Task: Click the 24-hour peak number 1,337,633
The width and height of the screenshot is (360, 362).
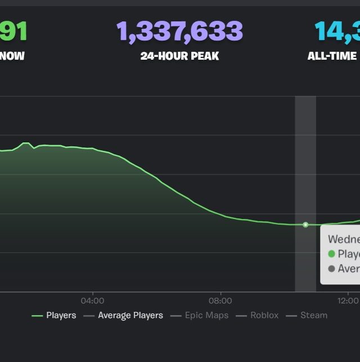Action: click(x=179, y=32)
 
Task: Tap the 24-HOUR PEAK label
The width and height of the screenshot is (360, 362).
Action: click(x=179, y=56)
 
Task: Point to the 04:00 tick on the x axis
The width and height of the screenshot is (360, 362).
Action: click(x=92, y=300)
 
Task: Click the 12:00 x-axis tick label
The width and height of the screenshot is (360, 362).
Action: click(x=349, y=300)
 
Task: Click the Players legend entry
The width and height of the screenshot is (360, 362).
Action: click(x=61, y=315)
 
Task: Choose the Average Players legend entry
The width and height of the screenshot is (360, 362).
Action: click(x=130, y=315)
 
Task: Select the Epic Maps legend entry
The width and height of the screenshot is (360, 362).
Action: click(x=206, y=315)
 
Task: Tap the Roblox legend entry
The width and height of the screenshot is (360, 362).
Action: click(x=264, y=315)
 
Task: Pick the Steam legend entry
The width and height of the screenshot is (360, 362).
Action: click(x=313, y=315)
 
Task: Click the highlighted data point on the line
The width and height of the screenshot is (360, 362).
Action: click(x=305, y=225)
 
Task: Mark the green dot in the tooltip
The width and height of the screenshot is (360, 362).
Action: click(x=331, y=254)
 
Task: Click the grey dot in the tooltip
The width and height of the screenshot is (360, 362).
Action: click(x=331, y=269)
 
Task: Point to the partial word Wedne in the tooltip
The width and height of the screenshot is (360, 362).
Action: click(x=343, y=239)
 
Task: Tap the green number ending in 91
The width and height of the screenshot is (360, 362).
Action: click(x=13, y=32)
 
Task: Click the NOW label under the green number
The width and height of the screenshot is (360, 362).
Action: click(x=12, y=56)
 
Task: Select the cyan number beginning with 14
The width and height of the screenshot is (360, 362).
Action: click(x=337, y=32)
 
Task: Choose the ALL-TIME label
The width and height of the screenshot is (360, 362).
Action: click(x=332, y=56)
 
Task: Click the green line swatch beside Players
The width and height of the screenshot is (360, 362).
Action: click(x=37, y=316)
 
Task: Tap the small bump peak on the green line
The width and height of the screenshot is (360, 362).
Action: click(x=25, y=144)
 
